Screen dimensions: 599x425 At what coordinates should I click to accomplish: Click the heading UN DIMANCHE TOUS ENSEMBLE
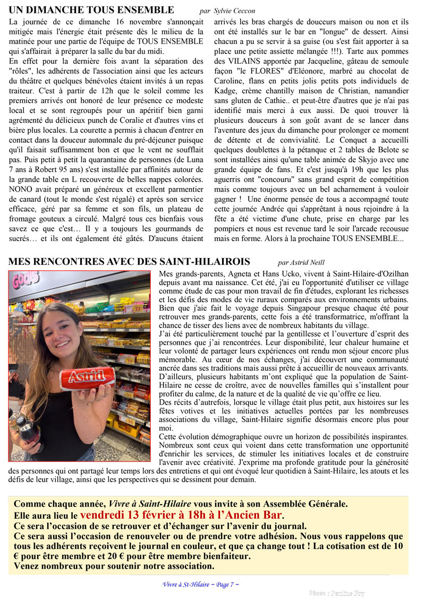[91, 10]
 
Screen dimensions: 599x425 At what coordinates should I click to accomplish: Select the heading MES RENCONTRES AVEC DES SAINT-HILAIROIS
[129, 262]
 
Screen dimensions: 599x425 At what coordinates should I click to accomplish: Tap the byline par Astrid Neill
[301, 262]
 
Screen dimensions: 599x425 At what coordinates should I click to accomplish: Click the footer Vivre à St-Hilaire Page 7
[200, 584]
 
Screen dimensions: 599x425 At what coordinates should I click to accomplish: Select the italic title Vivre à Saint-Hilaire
[150, 503]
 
